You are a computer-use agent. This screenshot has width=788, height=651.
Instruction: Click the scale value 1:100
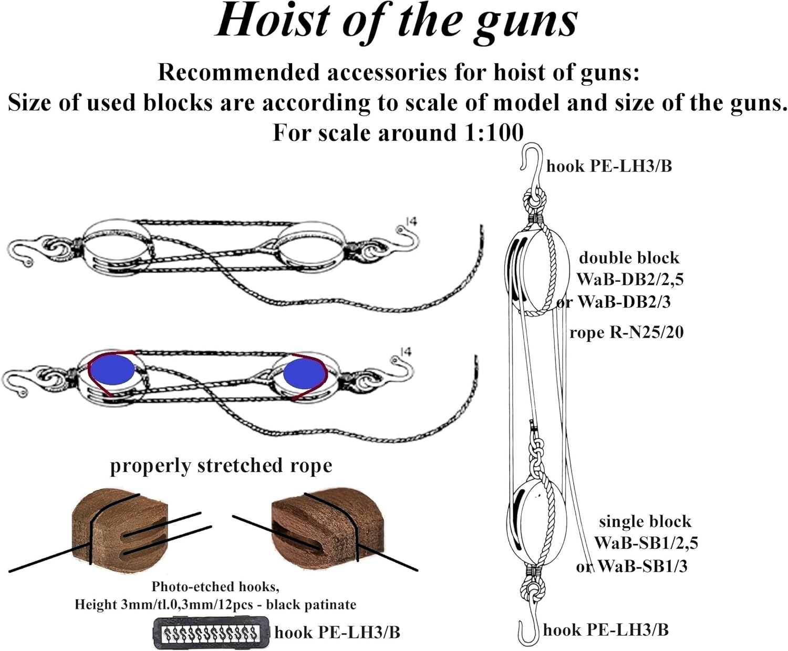point(494,133)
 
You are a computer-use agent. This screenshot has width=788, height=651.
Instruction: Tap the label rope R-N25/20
point(626,332)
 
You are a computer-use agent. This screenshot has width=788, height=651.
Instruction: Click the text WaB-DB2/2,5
point(630,279)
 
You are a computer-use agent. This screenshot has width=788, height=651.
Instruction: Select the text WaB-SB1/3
point(642,566)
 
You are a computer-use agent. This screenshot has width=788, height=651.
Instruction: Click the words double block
point(629,258)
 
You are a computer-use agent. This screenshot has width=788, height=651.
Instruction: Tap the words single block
point(645,522)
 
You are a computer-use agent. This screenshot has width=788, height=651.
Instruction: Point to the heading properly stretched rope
point(221,466)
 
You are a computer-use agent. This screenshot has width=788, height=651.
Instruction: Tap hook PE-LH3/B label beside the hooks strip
point(337,632)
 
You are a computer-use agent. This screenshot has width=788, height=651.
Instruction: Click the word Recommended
point(240,73)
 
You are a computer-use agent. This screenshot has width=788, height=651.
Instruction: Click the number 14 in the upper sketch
point(412,221)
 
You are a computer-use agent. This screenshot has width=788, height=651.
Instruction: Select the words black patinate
point(311,605)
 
